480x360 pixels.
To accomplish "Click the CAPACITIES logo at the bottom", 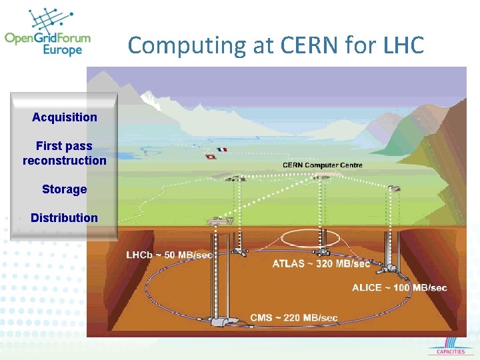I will pyautogui.click(x=451, y=349).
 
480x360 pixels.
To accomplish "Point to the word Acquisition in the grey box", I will pyautogui.click(x=65, y=117).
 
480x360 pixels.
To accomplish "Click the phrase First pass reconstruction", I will pyautogui.click(x=65, y=153).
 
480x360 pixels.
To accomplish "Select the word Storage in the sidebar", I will pyautogui.click(x=65, y=189).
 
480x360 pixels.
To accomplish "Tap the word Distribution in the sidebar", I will pyautogui.click(x=65, y=218).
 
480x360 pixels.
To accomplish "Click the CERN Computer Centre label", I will pyautogui.click(x=323, y=165).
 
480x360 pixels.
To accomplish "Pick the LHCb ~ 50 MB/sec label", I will pyautogui.click(x=169, y=255).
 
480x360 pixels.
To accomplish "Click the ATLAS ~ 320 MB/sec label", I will pyautogui.click(x=321, y=264).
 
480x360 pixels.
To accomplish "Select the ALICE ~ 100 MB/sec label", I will pyautogui.click(x=399, y=288).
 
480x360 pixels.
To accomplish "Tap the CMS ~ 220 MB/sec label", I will pyautogui.click(x=293, y=318).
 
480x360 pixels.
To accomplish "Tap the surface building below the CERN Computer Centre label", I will pyautogui.click(x=323, y=176).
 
